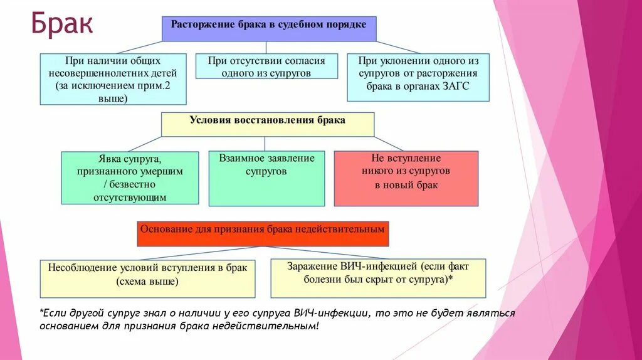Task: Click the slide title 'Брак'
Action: coord(62,26)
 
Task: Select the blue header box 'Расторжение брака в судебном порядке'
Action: coord(269,29)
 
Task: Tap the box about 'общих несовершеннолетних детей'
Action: coord(113,79)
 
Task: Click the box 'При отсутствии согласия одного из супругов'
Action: coord(266,66)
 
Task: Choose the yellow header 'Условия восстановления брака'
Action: coord(268,124)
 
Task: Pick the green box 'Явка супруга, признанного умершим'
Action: coord(130,177)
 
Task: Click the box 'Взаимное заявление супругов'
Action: coord(266,178)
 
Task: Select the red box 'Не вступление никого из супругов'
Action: coord(406,178)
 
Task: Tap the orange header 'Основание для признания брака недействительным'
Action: coord(263,233)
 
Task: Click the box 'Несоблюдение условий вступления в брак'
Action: coord(147,278)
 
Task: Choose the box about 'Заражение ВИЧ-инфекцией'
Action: coord(378,277)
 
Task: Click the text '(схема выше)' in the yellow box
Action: coord(147,282)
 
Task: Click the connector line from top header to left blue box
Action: coord(139,47)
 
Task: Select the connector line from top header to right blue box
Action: coord(398,47)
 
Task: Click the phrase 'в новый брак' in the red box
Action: coord(406,185)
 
